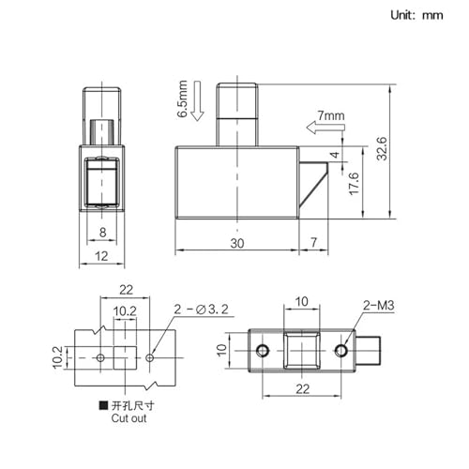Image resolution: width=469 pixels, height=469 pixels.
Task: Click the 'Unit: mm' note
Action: [416, 15]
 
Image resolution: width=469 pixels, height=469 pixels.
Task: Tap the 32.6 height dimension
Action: [382, 149]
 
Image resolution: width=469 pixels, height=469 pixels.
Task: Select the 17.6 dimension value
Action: [354, 184]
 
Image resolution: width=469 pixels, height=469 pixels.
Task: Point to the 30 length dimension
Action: [237, 243]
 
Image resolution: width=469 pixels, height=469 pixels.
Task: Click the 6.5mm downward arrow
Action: [197, 100]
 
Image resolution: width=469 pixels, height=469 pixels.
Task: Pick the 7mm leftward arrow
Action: [325, 128]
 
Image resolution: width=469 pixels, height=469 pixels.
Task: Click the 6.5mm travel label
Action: [182, 98]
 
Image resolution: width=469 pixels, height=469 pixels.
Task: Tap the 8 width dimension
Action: [102, 233]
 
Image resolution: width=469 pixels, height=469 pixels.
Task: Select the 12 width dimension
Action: [101, 256]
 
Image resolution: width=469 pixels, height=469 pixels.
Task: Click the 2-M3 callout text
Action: [378, 305]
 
